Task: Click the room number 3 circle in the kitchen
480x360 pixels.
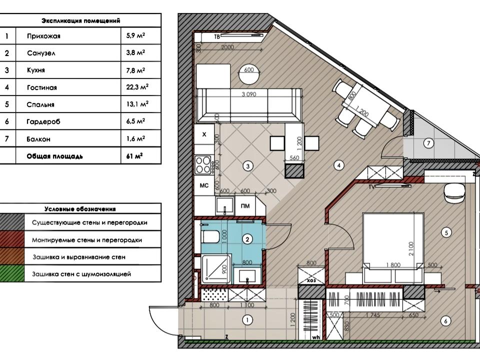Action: (x=247, y=166)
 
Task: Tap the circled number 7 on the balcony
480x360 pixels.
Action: (x=428, y=143)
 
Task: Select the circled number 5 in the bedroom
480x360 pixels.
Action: (x=446, y=232)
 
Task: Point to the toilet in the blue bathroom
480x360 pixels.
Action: (x=210, y=237)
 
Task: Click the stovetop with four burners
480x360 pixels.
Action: (x=203, y=164)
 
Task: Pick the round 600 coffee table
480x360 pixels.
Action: (x=249, y=75)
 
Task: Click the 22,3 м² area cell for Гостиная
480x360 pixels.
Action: (x=137, y=87)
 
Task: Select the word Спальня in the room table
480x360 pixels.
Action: (x=40, y=104)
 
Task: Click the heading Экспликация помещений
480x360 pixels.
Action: (x=81, y=21)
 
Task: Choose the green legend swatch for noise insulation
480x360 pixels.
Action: (x=12, y=273)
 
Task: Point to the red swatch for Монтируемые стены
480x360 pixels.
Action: (x=12, y=239)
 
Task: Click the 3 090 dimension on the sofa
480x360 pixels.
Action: (x=249, y=94)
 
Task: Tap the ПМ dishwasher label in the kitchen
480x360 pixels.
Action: (x=245, y=206)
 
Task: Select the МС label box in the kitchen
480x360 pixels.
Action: (x=204, y=185)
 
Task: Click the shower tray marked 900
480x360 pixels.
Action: (x=215, y=268)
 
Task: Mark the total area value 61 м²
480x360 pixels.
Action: (x=134, y=156)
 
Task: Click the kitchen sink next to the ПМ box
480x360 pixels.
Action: (x=224, y=206)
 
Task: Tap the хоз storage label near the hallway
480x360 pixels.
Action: (x=311, y=280)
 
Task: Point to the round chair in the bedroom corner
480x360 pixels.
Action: (x=453, y=192)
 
